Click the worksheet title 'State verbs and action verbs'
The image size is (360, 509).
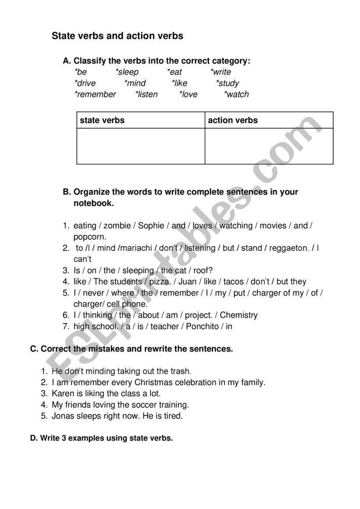click(x=118, y=36)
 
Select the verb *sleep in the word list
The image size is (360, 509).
click(x=127, y=72)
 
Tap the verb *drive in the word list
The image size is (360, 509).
click(x=85, y=83)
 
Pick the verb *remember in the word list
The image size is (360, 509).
click(x=95, y=94)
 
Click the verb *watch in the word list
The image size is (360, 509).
click(x=236, y=94)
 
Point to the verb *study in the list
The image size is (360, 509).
click(x=228, y=83)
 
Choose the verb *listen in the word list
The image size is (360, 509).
click(x=146, y=94)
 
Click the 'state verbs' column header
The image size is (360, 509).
click(x=102, y=120)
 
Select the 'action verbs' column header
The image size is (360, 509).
click(x=233, y=120)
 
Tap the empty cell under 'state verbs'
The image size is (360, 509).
click(x=141, y=146)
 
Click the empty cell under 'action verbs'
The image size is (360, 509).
click(x=269, y=146)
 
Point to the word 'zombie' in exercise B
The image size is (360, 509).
click(x=117, y=226)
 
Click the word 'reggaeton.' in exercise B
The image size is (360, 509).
click(x=289, y=248)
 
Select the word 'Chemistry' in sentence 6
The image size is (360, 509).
click(x=239, y=315)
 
